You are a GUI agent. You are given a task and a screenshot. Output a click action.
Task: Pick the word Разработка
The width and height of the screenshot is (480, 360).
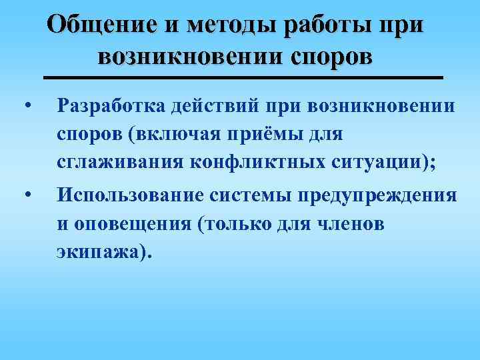[111, 105]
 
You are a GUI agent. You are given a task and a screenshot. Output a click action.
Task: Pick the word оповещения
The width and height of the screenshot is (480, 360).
[128, 224]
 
